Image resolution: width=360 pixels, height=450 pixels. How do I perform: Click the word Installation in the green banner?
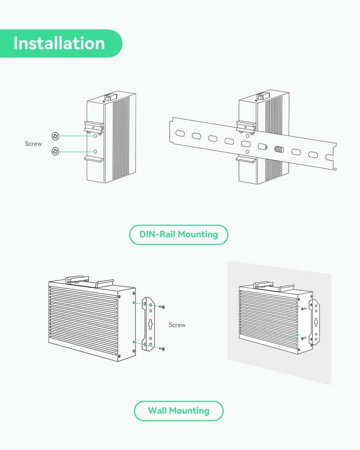coord(59,43)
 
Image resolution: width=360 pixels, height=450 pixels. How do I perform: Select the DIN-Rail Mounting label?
coord(179,234)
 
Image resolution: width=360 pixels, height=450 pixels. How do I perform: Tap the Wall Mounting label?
coord(179,411)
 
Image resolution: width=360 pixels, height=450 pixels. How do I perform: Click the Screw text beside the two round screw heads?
coord(33,144)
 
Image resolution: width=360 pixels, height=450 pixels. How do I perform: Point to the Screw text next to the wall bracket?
coord(177,325)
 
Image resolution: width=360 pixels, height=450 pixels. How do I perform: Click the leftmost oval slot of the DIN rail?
coord(179,133)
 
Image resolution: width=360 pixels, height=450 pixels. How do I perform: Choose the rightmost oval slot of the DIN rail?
coord(312,155)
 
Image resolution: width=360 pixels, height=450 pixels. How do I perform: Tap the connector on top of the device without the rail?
coord(108,96)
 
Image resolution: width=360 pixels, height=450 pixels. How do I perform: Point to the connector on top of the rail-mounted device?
coord(260,96)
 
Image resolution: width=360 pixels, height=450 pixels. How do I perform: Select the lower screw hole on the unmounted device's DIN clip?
coord(95,151)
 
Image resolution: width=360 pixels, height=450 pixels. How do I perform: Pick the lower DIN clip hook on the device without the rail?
coord(94,158)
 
